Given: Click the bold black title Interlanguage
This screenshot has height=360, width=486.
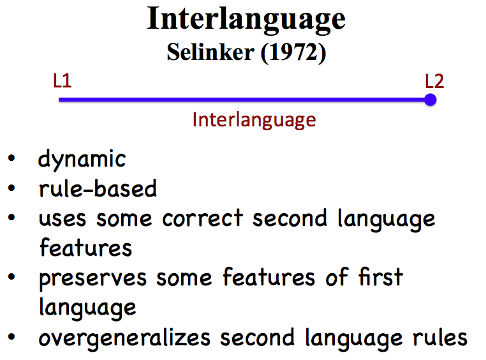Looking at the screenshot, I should click(246, 19).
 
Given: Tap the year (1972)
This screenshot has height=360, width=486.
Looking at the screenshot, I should click(290, 54).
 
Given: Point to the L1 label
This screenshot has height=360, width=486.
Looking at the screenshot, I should click(62, 81).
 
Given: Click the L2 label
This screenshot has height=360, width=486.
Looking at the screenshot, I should click(434, 81).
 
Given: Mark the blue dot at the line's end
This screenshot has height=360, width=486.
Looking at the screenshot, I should click(431, 100).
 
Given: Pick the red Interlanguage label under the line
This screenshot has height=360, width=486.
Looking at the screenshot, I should click(254, 120).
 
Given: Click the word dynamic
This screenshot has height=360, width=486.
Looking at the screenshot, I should click(82, 159).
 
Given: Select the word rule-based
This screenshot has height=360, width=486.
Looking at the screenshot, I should click(98, 188).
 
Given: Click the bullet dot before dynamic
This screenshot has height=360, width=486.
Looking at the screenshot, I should click(12, 159).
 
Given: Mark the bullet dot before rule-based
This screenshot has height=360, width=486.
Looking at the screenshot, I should click(12, 189).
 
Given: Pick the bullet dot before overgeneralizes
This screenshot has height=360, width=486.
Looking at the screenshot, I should click(12, 337).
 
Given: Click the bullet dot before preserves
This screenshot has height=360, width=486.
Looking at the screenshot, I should click(12, 278).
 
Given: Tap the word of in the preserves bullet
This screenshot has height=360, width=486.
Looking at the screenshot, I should click(335, 277).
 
